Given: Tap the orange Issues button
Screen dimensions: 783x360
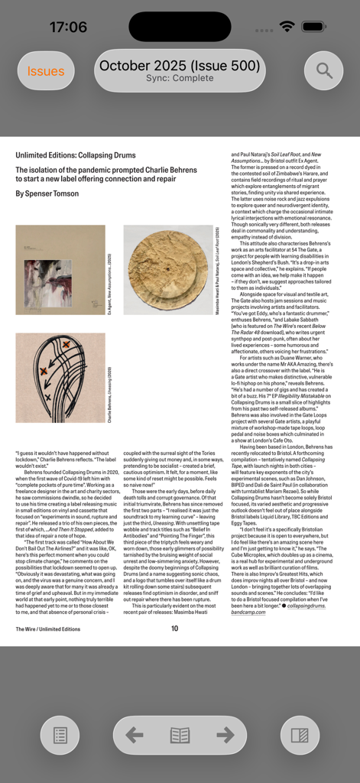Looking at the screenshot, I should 46,71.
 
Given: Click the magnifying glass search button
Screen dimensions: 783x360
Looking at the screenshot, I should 324,71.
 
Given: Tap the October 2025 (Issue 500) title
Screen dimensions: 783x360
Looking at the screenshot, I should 180,65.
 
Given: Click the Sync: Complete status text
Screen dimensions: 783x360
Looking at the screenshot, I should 180,79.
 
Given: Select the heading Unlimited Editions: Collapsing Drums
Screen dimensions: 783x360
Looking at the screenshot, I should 76,155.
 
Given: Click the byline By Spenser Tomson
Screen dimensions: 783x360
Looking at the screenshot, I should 47,193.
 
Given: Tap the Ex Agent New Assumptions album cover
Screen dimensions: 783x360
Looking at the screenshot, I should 60,270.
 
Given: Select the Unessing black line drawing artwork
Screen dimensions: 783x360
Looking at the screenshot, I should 60,378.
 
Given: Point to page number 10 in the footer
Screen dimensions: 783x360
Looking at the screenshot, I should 174,629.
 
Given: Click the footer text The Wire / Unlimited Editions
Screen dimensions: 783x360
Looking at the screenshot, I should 47,629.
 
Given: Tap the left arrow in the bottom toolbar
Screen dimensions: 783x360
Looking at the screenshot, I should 135,736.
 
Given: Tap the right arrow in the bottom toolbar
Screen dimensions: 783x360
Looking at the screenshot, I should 225,736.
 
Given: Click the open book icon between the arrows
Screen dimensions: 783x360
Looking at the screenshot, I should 180,736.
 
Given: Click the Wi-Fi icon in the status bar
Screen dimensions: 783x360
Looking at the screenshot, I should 287,27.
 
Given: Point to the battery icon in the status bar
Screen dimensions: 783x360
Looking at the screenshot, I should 313,27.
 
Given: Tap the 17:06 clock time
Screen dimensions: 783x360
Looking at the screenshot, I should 68,27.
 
